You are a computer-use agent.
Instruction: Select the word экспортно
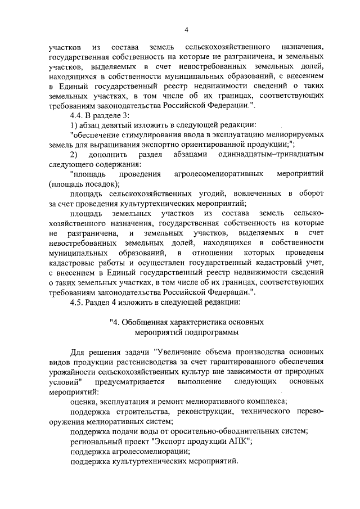pyautogui.click(x=155, y=144)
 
